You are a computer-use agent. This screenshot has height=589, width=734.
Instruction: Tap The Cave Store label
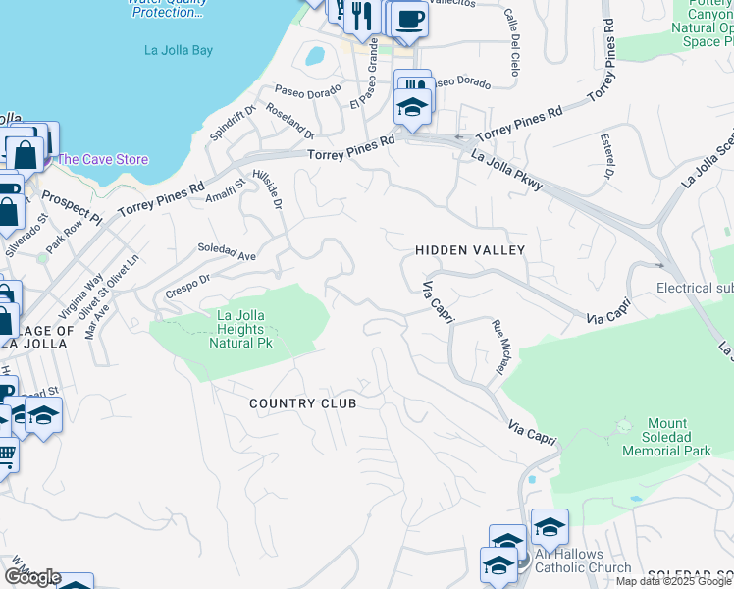pos(102,159)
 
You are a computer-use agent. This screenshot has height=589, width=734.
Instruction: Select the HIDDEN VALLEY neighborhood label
pos(470,251)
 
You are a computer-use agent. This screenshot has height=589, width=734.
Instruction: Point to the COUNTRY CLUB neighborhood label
pos(301,403)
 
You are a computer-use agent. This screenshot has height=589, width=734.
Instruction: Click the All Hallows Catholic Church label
pos(583,561)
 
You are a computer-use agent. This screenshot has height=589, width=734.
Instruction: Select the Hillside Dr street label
pos(268,187)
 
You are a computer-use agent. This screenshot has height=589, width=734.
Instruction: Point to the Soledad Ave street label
pos(227,251)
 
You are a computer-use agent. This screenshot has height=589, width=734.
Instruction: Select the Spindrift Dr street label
pos(232,124)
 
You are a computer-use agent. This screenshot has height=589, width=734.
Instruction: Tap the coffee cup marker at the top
pos(410,19)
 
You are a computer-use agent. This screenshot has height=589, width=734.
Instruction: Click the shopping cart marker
pos(5,455)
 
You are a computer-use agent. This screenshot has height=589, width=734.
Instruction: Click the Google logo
pos(31,577)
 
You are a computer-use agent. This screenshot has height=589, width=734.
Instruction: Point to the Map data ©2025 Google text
pos(673,581)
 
